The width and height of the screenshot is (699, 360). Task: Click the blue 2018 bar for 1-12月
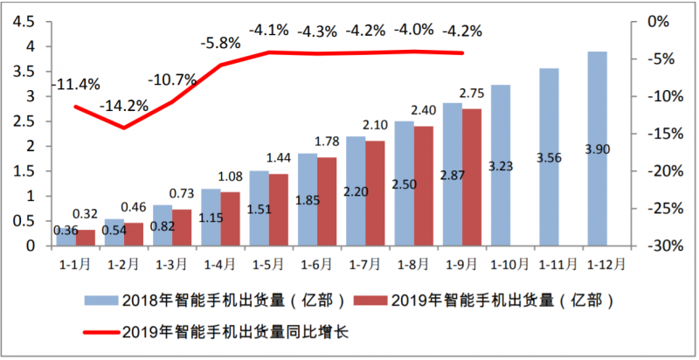pyautogui.click(x=598, y=149)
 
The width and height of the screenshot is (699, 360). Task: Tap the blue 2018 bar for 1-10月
pyautogui.click(x=501, y=165)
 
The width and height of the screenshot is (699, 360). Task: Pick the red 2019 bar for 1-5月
pyautogui.click(x=279, y=210)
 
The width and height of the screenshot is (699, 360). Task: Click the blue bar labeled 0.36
pyautogui.click(x=66, y=237)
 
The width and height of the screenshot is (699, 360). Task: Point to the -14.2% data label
pyautogui.click(x=123, y=107)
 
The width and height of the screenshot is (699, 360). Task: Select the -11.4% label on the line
pyautogui.click(x=76, y=85)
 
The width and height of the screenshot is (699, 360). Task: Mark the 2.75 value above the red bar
pyautogui.click(x=472, y=93)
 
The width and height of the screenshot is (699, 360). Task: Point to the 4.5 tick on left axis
pyautogui.click(x=25, y=21)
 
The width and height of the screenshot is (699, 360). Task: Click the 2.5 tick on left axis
pyautogui.click(x=25, y=121)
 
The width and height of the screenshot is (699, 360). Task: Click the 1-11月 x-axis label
pyautogui.click(x=559, y=263)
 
